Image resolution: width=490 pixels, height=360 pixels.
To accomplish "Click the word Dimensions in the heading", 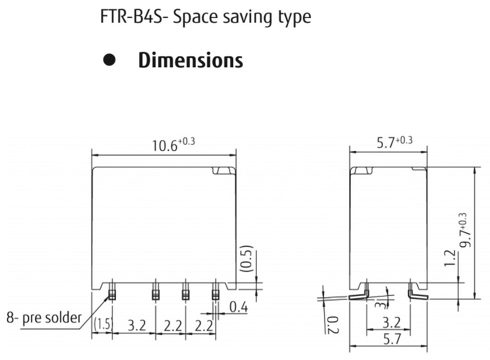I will (190, 61).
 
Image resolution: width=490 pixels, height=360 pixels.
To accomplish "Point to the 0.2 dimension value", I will (332, 324).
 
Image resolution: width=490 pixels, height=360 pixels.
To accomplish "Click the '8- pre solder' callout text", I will (43, 318).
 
